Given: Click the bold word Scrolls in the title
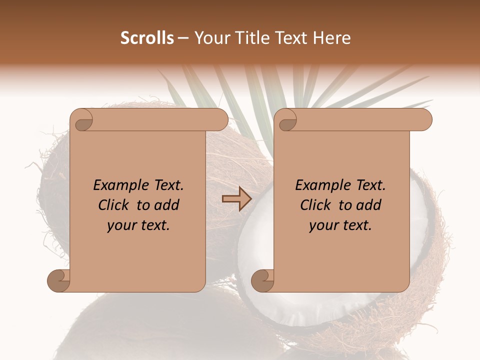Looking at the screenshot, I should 147,38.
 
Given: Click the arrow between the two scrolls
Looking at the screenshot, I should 236,199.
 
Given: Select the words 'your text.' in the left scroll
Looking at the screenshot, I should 138,225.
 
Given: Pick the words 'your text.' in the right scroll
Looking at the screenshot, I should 340,225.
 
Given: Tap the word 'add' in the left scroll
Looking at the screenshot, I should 167,205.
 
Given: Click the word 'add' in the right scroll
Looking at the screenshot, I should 369,205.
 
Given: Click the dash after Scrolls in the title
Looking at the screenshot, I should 183,38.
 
